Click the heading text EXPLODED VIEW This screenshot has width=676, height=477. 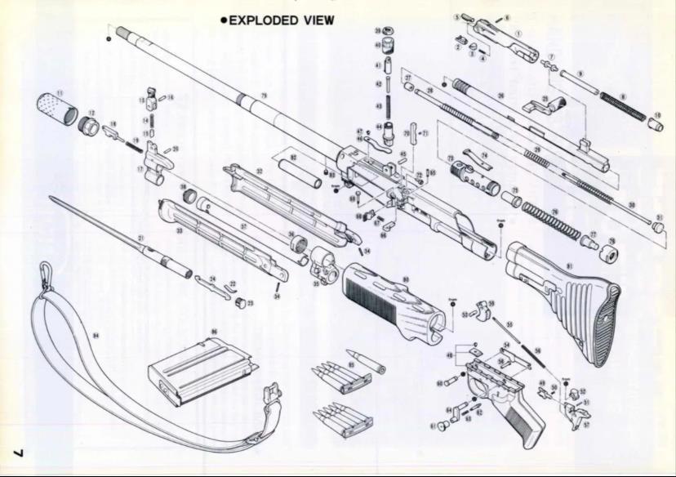281,20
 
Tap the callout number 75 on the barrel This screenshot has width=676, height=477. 264,96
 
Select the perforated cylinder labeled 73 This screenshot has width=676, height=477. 473,176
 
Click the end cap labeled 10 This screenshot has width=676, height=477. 655,125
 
